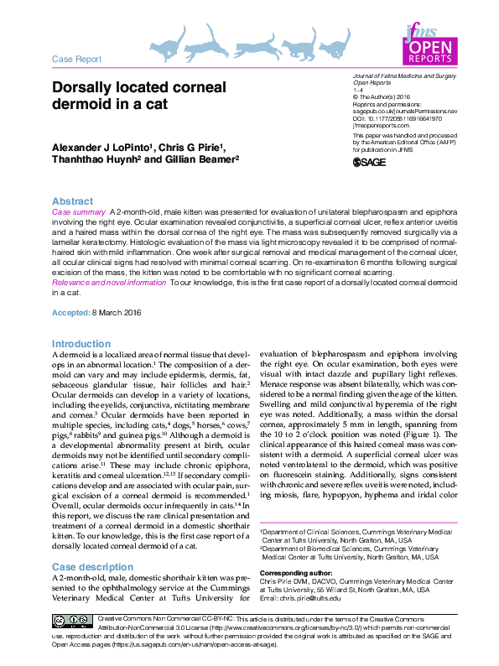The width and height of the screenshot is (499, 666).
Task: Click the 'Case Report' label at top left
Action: coord(76,60)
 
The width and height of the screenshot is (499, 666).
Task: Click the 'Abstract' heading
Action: coord(72,202)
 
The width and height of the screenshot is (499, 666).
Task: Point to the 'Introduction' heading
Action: coord(81,344)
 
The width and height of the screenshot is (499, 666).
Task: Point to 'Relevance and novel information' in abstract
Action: coord(109,284)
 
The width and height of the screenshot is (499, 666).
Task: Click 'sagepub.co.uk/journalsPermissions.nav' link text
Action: coord(405,111)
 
